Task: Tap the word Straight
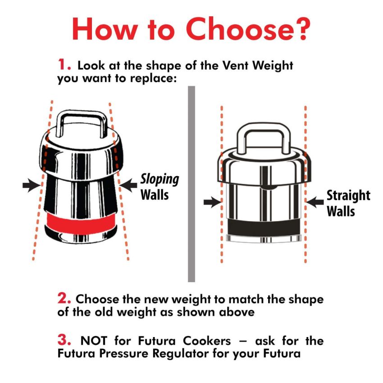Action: [348, 196]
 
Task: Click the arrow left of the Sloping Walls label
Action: [129, 184]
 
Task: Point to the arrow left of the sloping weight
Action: [31, 185]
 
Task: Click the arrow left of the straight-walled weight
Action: [210, 203]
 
